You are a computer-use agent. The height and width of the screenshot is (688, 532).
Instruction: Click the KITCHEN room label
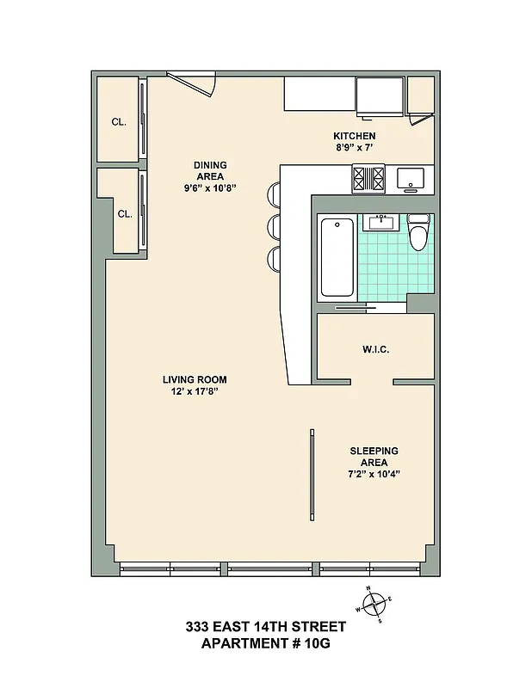354,136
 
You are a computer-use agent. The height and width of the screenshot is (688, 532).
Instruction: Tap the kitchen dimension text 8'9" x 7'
354,148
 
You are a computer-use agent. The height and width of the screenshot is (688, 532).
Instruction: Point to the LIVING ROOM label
195,379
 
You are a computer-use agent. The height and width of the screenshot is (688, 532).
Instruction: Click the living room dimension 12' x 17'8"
195,391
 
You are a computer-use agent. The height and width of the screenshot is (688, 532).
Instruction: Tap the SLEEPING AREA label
374,456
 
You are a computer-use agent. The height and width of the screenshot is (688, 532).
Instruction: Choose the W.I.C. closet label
376,350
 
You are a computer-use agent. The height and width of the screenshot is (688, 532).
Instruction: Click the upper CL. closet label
119,122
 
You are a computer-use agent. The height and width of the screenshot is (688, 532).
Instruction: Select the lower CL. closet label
124,214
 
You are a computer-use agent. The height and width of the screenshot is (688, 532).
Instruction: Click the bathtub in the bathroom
337,258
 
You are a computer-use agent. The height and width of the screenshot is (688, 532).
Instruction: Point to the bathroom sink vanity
380,222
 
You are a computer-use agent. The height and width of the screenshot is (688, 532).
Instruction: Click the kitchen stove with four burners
369,179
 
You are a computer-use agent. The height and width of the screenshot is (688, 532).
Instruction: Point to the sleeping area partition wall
311,475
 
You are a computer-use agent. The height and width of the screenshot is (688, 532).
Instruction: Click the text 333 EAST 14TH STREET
266,627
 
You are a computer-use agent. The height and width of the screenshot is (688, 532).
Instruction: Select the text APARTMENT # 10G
266,643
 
